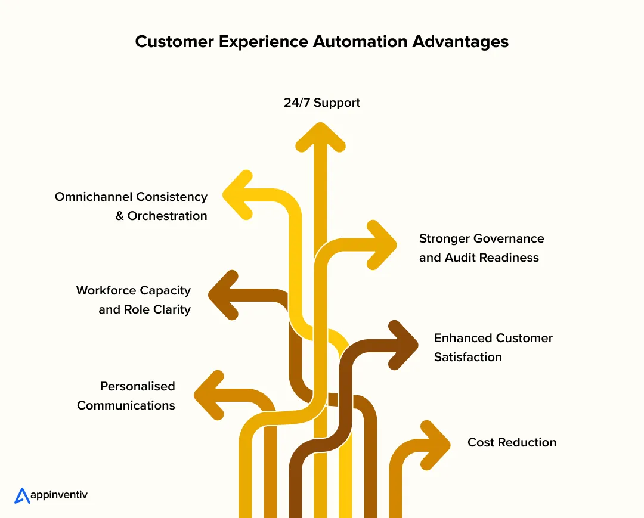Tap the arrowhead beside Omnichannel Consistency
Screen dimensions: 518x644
236,194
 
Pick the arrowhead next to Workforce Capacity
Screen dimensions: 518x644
222,295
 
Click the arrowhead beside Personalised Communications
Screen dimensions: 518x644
208,395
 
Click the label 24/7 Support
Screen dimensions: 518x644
322,103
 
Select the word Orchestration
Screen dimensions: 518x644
168,216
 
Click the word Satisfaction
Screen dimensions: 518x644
468,357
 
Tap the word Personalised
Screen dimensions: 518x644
138,386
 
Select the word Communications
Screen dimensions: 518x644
126,405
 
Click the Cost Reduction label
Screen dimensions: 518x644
512,442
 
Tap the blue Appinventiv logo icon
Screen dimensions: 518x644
22,495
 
